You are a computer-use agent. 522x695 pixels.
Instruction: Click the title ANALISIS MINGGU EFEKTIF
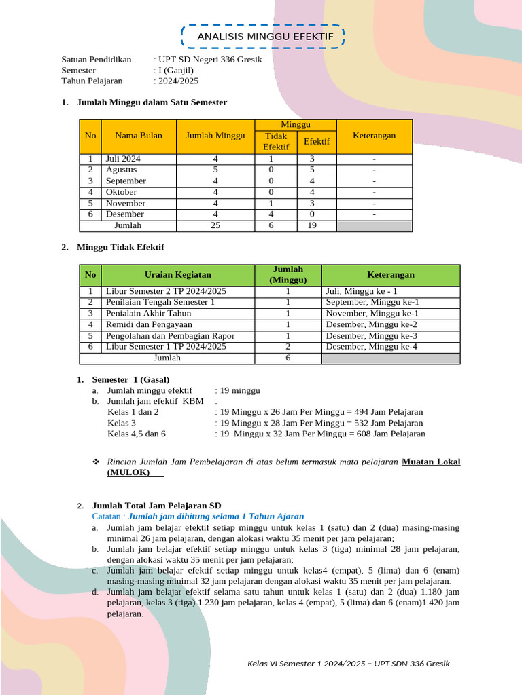(x=265, y=37)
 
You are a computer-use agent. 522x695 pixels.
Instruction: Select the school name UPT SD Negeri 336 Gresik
(x=209, y=59)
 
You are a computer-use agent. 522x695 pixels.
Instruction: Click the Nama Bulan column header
(x=139, y=136)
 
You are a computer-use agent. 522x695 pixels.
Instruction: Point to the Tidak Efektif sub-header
(x=276, y=141)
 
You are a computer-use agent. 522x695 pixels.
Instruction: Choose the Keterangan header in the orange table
(x=374, y=136)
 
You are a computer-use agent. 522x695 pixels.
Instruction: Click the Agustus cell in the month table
(x=121, y=170)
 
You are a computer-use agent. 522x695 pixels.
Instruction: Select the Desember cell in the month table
(x=125, y=214)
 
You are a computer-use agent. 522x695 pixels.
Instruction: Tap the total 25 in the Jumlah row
(x=215, y=225)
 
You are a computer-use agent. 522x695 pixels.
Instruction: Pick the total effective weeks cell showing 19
(x=312, y=225)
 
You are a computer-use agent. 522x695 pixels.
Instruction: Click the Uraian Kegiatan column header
(x=178, y=275)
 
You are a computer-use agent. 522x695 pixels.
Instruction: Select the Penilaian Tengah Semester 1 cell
(x=160, y=302)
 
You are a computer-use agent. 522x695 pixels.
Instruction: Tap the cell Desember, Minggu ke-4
(x=371, y=347)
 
